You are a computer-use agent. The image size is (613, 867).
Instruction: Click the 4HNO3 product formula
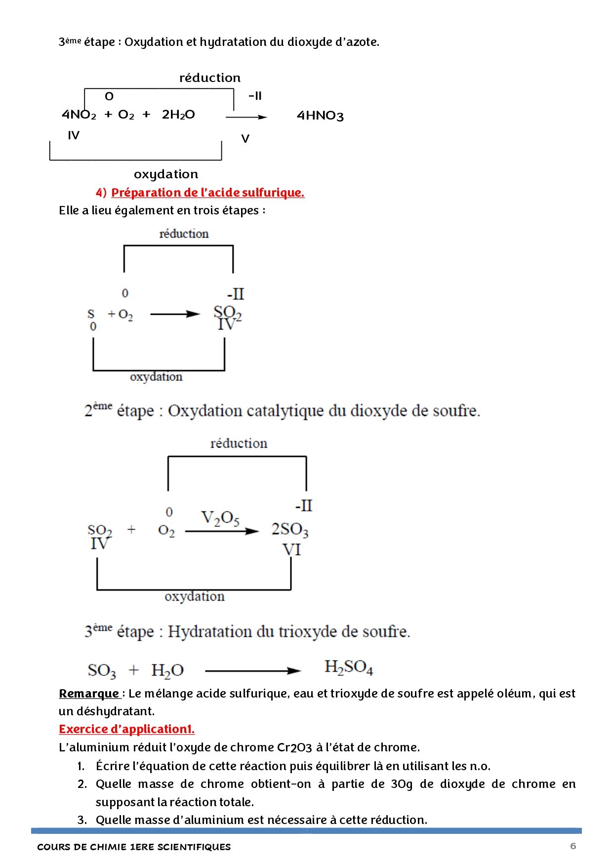pos(320,116)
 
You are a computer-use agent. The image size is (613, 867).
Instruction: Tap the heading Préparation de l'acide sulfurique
pos(207,192)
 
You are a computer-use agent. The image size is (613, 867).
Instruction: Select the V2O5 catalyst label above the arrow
pos(220,518)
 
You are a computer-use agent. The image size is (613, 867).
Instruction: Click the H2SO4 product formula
pos(348,667)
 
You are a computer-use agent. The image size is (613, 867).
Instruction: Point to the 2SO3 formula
pos(289,530)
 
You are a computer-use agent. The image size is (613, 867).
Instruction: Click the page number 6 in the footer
pos(573,846)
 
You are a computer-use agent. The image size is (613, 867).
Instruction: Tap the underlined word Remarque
pos(89,694)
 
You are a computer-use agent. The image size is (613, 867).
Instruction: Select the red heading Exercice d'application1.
pos(126,729)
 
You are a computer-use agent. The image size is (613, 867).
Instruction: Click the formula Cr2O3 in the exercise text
pos(294,747)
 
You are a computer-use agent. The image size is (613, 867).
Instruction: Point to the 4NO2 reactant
pos(79,115)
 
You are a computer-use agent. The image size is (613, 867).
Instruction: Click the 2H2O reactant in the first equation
pos(178,115)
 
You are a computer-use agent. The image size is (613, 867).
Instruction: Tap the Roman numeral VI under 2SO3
pos(291,549)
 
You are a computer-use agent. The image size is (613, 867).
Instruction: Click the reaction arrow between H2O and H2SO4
pos(252,671)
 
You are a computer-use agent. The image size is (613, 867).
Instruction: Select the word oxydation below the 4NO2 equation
pos(166,174)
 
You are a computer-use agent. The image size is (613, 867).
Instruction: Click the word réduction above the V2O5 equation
pos(239,443)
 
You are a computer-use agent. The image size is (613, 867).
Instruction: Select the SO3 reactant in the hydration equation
pos(102,671)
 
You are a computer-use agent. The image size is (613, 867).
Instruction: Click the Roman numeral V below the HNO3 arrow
pos(245,139)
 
